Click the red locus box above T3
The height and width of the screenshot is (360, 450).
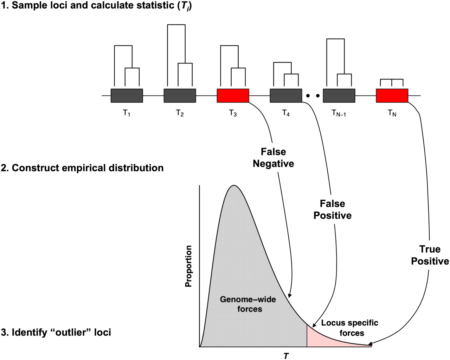[x=233, y=96]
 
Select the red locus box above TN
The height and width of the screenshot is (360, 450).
[x=392, y=96]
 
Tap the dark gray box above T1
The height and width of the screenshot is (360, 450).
[x=127, y=96]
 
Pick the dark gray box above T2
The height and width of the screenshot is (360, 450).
[x=180, y=96]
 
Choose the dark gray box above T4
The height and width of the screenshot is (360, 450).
[x=286, y=96]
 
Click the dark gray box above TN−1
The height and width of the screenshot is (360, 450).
[x=339, y=96]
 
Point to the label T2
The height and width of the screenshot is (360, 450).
[x=180, y=113]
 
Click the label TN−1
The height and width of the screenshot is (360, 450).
[x=339, y=113]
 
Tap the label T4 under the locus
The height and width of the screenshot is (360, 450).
[x=286, y=113]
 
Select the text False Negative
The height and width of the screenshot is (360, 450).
[x=273, y=158]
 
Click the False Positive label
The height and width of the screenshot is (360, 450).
[x=333, y=209]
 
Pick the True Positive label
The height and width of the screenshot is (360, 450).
[x=430, y=255]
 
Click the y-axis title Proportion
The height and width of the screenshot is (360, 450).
[x=189, y=266]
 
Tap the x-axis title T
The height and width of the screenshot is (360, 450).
[x=286, y=356]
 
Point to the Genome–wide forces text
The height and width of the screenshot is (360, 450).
[x=248, y=304]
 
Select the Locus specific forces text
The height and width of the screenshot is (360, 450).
[x=349, y=328]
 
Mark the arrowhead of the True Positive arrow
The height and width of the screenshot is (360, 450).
[x=370, y=344]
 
